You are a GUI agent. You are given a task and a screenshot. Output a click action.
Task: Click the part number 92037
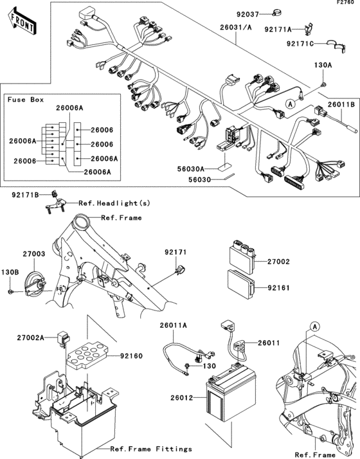(248, 14)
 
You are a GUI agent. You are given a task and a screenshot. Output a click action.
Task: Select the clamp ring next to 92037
(276, 13)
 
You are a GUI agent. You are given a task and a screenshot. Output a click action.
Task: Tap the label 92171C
(300, 44)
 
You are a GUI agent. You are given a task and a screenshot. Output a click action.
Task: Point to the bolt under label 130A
(323, 85)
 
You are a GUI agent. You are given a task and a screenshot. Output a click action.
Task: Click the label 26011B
(341, 104)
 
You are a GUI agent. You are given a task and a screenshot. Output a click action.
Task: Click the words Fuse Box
(26, 100)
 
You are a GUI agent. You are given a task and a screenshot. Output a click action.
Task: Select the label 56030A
(191, 169)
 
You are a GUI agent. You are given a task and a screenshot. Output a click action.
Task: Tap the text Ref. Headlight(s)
(114, 203)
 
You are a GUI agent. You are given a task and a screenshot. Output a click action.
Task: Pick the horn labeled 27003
(35, 283)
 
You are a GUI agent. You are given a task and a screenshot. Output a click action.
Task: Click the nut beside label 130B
(10, 292)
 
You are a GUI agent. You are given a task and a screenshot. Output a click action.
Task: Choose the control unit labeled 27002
(242, 256)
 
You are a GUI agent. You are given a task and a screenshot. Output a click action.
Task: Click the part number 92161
(278, 288)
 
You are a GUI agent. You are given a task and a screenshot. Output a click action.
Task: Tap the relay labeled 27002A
(64, 338)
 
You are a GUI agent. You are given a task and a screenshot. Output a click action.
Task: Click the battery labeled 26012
(231, 392)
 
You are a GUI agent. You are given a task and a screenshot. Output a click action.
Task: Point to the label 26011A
(174, 325)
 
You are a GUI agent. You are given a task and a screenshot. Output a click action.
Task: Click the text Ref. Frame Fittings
(151, 449)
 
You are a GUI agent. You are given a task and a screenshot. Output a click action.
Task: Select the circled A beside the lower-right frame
(314, 327)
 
